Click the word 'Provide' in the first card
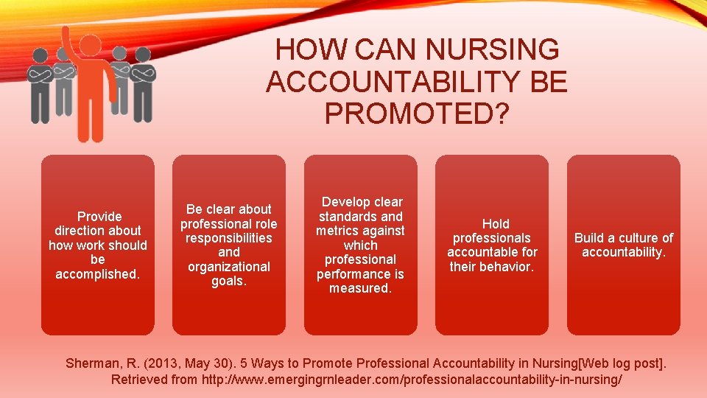click(99, 216)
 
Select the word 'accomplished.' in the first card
click(98, 273)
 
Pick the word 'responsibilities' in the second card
click(229, 238)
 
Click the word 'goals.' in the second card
click(229, 281)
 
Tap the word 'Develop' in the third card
click(362, 202)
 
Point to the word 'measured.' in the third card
click(361, 288)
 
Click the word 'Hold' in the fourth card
click(495, 223)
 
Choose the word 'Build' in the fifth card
click(589, 237)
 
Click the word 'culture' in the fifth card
click(636, 237)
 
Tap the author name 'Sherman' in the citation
click(91, 363)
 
